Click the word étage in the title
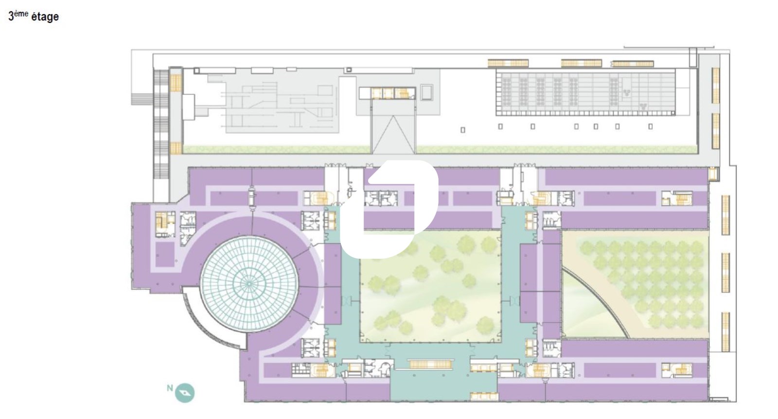tap(45, 17)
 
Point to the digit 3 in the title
tap(11, 17)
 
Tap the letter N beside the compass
tap(170, 388)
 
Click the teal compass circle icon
tap(185, 393)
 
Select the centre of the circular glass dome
tap(249, 284)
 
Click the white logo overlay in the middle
tap(389, 209)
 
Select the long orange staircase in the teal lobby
tap(431, 364)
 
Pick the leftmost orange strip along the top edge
tap(508, 63)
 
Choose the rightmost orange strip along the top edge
tap(633, 64)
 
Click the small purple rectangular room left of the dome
tap(165, 255)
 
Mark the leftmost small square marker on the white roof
tap(462, 130)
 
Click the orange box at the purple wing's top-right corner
tap(713, 174)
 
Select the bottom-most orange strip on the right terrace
tap(725, 332)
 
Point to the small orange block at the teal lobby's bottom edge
tap(484, 396)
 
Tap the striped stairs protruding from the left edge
tap(142, 99)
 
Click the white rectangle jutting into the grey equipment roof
tap(189, 107)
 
